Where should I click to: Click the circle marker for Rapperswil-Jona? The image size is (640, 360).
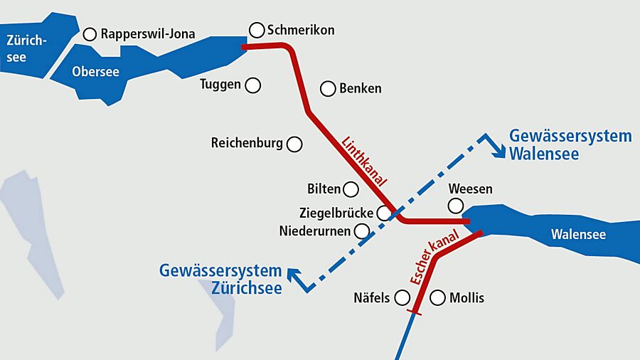(90, 34)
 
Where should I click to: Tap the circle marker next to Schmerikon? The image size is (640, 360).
(257, 30)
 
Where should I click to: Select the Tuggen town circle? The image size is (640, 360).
(252, 85)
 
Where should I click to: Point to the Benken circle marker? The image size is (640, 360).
(328, 89)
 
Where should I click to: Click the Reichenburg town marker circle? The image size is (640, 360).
(294, 144)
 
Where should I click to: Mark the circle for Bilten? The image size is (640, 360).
(351, 189)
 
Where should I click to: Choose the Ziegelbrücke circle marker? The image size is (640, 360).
(383, 213)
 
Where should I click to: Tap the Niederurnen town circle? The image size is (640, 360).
(362, 231)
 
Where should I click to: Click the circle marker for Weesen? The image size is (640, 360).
(455, 206)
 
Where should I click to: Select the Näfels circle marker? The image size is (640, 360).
(402, 297)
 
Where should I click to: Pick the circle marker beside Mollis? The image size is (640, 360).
(437, 297)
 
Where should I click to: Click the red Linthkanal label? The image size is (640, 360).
(364, 162)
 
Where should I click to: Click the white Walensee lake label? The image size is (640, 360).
(578, 235)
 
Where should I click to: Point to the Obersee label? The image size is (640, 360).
(95, 71)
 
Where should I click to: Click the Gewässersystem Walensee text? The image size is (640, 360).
(570, 144)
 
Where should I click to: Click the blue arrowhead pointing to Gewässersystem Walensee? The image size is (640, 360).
(501, 152)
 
